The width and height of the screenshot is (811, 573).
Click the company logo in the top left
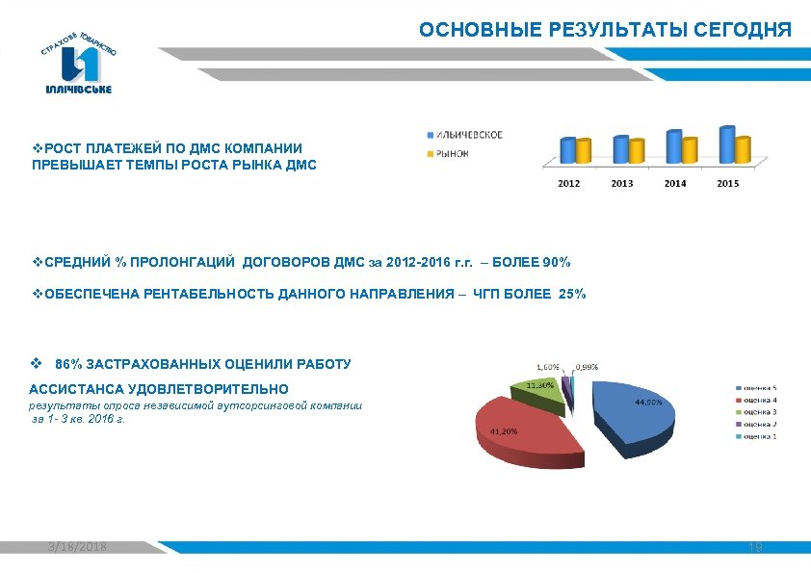point(79,59)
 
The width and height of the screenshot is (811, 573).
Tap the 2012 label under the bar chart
point(569,183)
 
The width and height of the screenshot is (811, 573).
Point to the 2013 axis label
point(622,183)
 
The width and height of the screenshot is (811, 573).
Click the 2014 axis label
point(675,183)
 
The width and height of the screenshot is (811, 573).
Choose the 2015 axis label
point(728,183)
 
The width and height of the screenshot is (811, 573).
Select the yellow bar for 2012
point(583,151)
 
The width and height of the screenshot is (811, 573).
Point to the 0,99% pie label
point(587,367)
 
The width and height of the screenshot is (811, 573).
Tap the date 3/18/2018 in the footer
point(78,547)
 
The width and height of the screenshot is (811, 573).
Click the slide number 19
point(755,547)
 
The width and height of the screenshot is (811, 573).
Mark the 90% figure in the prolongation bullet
point(555,262)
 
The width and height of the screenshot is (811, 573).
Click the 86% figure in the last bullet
point(68,365)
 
